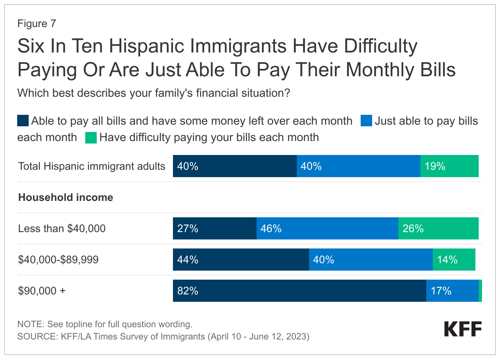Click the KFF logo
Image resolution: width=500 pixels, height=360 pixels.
[x=463, y=329]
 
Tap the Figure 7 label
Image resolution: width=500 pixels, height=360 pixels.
[x=36, y=24]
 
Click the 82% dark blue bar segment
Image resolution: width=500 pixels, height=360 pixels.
[x=299, y=291]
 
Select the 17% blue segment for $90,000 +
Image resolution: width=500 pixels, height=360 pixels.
[x=452, y=291]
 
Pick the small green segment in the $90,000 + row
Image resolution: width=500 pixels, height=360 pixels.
[x=480, y=291]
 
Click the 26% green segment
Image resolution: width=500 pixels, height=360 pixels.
[x=438, y=228]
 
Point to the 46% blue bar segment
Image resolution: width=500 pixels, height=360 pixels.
[x=327, y=228]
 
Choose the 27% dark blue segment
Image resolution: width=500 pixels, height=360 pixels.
[x=214, y=228]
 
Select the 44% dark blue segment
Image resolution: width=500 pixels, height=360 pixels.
[x=241, y=260]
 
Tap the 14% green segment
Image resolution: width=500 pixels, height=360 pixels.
[x=454, y=260]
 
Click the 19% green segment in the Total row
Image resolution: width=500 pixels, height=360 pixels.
[x=449, y=166]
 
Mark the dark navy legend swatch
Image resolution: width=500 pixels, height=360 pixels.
[x=23, y=121]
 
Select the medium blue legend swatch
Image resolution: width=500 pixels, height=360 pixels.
[x=366, y=121]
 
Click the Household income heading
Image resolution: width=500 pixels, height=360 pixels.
[x=66, y=197]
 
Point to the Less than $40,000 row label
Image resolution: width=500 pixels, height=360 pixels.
[x=62, y=228]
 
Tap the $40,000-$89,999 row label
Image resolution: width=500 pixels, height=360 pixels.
[x=58, y=260]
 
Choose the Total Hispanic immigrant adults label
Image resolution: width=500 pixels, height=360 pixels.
[x=92, y=166]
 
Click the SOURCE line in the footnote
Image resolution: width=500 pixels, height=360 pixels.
[x=163, y=337]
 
